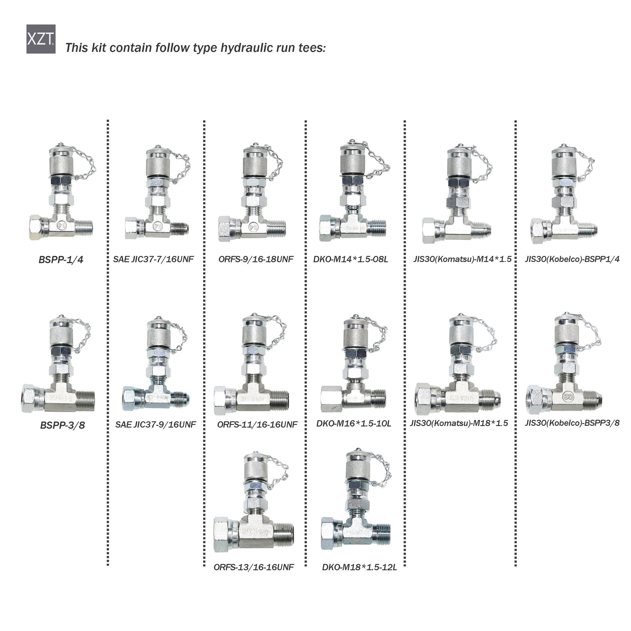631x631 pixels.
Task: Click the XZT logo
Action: point(41,39)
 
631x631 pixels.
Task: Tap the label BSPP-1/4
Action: point(61,259)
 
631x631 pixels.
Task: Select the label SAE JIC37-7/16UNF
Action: point(153,259)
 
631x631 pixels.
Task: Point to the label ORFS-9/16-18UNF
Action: point(256,259)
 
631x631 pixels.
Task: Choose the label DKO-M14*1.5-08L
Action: point(351,259)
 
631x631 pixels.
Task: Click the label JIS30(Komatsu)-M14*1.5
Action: point(462,259)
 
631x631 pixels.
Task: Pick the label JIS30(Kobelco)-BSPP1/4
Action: point(572,259)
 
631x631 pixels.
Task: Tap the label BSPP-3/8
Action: point(62,425)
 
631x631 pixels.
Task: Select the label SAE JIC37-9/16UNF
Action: point(155,424)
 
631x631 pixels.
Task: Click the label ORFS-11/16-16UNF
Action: point(257,424)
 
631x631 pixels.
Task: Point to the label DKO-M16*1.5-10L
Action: point(354,424)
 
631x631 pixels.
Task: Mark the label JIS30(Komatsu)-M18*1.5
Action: point(459,423)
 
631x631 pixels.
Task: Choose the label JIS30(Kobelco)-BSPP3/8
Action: point(572,423)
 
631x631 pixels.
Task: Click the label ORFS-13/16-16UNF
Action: point(254,567)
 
